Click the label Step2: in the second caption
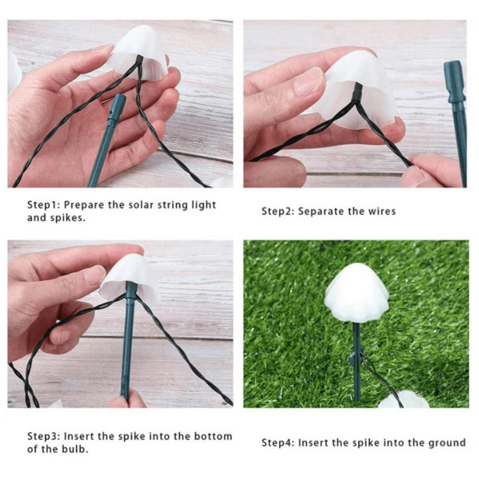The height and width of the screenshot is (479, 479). (278, 211)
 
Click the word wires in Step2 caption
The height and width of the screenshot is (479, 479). (382, 211)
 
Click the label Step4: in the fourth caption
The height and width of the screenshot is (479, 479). (278, 443)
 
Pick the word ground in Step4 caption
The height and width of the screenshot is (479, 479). (446, 443)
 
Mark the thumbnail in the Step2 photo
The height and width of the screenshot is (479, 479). (308, 82)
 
